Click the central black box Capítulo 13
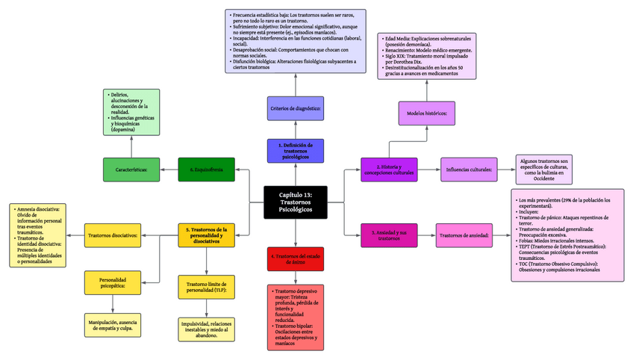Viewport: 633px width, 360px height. coord(296,202)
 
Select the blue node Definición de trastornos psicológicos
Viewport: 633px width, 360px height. coord(296,150)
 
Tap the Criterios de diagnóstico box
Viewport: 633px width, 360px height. coord(296,109)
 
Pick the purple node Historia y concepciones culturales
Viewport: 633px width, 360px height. coord(388,170)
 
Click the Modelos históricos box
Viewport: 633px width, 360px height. coord(427,114)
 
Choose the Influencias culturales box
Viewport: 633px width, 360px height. coord(469,170)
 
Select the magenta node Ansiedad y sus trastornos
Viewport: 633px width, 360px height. coord(388,236)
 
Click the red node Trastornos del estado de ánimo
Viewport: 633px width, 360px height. coord(296,258)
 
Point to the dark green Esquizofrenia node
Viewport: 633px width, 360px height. coord(207,170)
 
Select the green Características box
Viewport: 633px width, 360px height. coord(131,170)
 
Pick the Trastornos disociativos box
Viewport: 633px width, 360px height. coord(113,236)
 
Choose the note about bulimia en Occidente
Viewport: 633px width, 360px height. coord(544,170)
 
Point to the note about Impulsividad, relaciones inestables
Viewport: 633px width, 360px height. coord(207,329)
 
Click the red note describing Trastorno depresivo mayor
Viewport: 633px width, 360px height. coord(296,317)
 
